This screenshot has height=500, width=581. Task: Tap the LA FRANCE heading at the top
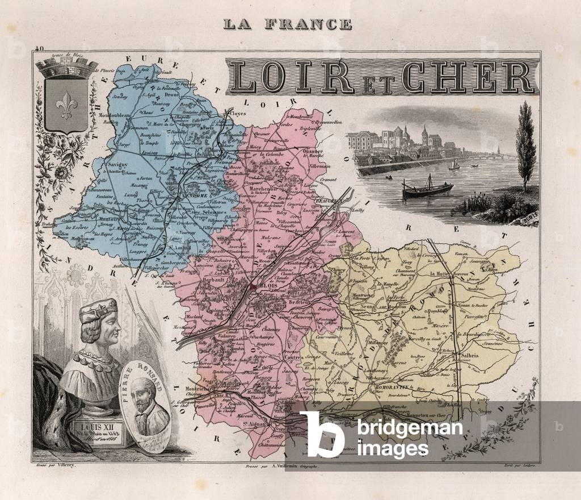pyautogui.click(x=287, y=24)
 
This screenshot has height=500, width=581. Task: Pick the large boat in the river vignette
pyautogui.click(x=427, y=189)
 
